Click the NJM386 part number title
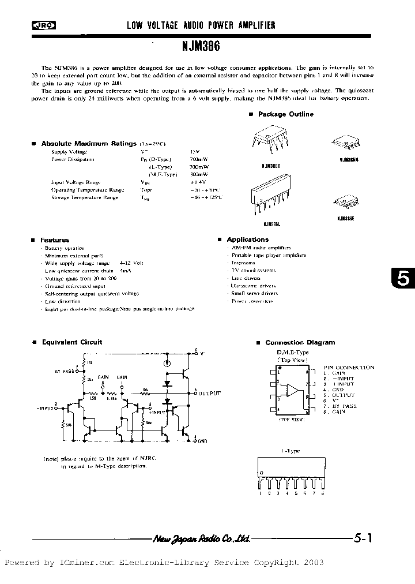click(x=206, y=44)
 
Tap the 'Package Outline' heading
click(x=285, y=114)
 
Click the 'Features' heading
click(x=54, y=239)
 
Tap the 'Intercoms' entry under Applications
click(x=243, y=263)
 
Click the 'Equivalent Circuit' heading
click(x=71, y=342)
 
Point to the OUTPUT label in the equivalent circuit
click(x=209, y=393)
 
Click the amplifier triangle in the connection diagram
click(x=293, y=391)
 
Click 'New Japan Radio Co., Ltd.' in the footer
click(x=201, y=539)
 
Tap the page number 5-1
click(x=363, y=538)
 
